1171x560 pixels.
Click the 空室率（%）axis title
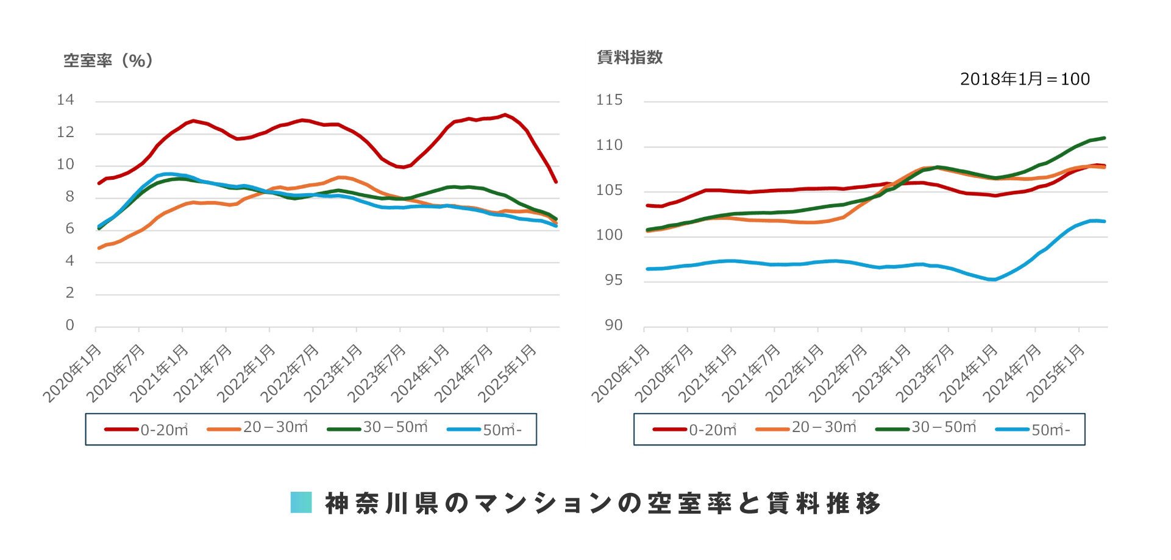point(108,60)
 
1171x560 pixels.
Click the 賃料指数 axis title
point(629,57)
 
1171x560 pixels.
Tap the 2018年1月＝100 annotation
point(1024,79)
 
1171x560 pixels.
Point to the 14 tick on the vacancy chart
point(65,100)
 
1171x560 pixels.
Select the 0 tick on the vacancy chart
point(70,325)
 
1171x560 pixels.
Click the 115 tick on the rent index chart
point(609,100)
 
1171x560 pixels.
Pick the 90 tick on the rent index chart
point(613,325)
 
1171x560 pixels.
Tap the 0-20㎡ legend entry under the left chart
point(147,430)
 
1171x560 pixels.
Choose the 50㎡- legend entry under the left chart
point(485,430)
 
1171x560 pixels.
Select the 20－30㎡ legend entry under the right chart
point(806,428)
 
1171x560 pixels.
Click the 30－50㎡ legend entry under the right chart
point(925,428)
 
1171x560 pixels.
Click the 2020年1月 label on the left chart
point(72,373)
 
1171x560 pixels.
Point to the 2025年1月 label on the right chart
point(1056,373)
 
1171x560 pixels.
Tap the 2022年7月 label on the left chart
point(290,373)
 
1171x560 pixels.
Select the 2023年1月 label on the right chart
point(881,373)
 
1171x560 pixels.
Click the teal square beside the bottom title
point(301,503)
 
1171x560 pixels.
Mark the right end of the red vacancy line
point(556,182)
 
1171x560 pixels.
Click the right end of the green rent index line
point(1105,138)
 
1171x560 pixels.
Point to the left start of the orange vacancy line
point(99,248)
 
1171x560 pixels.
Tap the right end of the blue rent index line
point(1105,221)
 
